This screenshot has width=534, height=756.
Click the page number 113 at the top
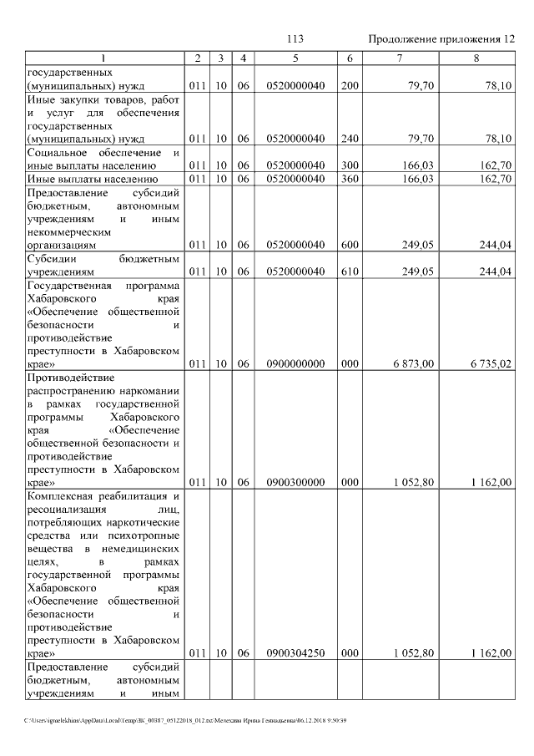(295, 39)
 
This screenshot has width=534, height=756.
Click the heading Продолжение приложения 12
(441, 39)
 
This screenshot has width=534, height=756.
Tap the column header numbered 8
(476, 58)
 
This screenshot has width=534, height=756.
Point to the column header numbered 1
(103, 58)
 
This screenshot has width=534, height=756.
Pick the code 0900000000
(295, 364)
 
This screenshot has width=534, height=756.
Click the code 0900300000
(295, 482)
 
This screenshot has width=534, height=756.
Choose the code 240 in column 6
(350, 138)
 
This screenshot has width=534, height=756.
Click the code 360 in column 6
(350, 178)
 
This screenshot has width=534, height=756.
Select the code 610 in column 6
(350, 271)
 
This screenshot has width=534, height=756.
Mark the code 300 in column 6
(350, 165)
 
